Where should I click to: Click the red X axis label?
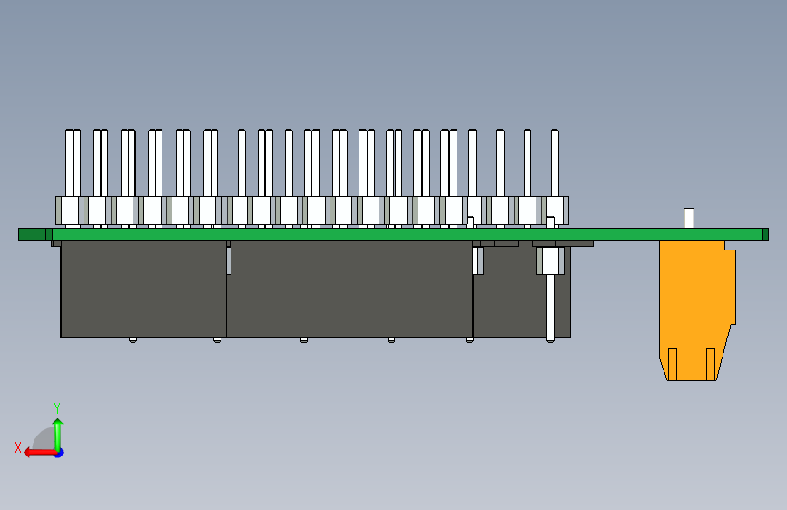18,446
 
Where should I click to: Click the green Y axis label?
57,407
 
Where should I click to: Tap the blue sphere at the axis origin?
58,452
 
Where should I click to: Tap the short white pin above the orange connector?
689,218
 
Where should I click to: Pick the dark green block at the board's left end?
32,235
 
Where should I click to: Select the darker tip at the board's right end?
765,234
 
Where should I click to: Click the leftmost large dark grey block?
143,289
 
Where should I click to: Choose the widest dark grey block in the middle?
361,289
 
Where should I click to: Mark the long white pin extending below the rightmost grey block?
551,309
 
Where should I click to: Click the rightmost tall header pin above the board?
555,163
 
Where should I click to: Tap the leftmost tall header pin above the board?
69,163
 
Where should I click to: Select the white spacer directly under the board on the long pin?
551,260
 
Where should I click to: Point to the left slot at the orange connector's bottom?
674,363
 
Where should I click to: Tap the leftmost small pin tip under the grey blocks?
133,339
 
